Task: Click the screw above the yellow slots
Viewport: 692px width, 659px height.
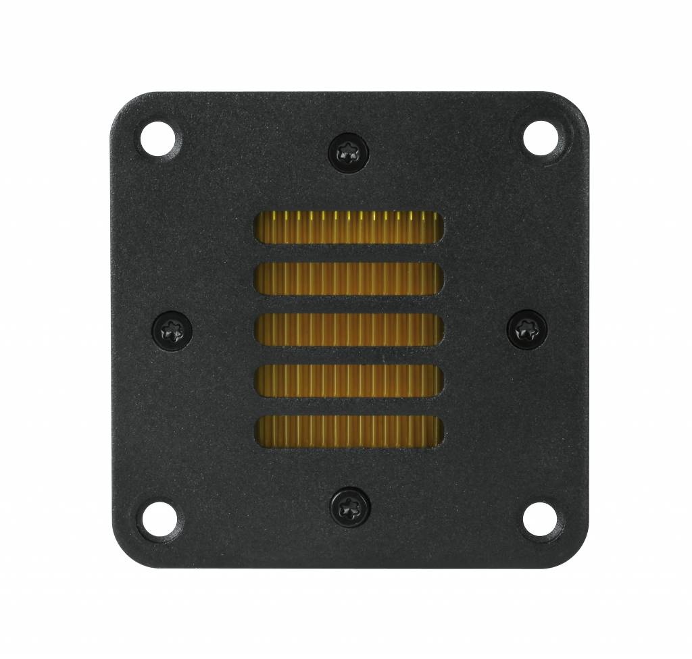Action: click(x=349, y=153)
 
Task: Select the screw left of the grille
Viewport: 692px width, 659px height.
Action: click(x=172, y=330)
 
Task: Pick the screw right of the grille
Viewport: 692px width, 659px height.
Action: click(x=527, y=330)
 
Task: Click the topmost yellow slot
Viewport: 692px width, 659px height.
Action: click(x=349, y=228)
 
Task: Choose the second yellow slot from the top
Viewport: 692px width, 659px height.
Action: click(x=349, y=279)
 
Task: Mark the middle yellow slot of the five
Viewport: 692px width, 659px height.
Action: click(x=349, y=330)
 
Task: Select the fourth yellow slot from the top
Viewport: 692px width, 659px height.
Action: click(x=349, y=381)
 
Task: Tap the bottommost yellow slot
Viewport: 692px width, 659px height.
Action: click(x=349, y=432)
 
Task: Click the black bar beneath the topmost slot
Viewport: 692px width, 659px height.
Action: click(x=349, y=254)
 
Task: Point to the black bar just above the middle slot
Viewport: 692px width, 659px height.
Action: click(x=349, y=305)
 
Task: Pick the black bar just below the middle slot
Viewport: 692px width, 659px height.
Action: click(x=349, y=356)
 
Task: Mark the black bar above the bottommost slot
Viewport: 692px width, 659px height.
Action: click(x=349, y=406)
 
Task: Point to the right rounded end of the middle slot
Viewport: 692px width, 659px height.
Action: click(x=439, y=330)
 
